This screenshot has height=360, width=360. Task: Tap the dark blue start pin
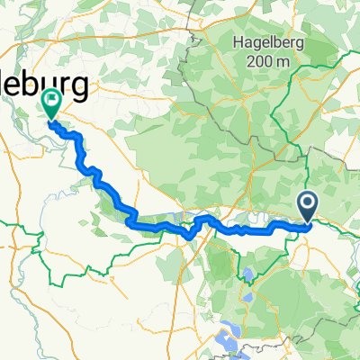[308, 207]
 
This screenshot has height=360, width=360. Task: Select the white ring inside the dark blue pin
[308, 203]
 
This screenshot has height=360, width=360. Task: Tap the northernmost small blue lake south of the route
[245, 272]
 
